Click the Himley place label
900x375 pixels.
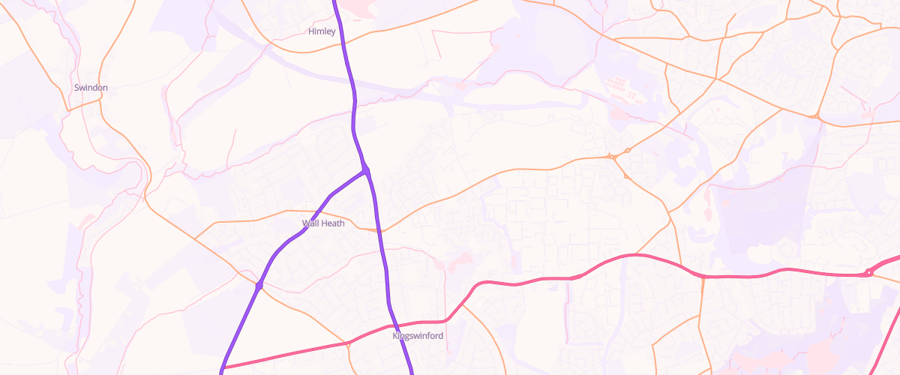tap(322, 31)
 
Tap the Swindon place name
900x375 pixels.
tap(91, 88)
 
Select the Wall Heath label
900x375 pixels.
tap(322, 223)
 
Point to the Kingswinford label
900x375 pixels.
tap(418, 336)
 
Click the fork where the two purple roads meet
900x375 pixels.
tap(366, 172)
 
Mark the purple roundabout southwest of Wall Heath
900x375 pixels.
tap(259, 286)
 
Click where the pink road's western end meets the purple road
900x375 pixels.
tap(223, 368)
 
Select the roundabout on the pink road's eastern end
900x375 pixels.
tap(868, 272)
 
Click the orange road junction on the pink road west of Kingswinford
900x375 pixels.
tap(347, 343)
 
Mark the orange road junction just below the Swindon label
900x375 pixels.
tap(69, 110)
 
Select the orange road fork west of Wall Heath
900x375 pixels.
tap(195, 238)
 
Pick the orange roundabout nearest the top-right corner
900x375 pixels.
tap(815, 116)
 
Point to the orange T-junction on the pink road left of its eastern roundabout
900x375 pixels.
tap(703, 276)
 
